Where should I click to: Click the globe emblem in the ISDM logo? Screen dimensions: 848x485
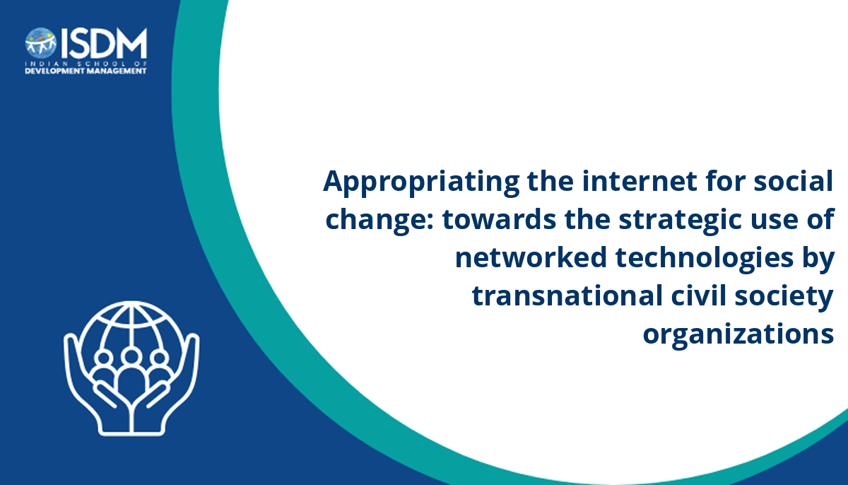pyautogui.click(x=41, y=43)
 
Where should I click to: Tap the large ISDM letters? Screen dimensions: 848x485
pyautogui.click(x=103, y=43)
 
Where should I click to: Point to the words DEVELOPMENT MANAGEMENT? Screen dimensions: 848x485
pyautogui.click(x=86, y=71)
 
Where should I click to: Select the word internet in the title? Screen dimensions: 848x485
pyautogui.click(x=640, y=182)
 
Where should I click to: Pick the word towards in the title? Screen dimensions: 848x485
pyautogui.click(x=500, y=219)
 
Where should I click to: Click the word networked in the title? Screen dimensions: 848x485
pyautogui.click(x=531, y=257)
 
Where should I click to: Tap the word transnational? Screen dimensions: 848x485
pyautogui.click(x=567, y=296)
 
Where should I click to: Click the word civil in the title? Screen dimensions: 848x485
pyautogui.click(x=698, y=295)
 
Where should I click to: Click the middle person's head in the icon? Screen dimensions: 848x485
pyautogui.click(x=131, y=356)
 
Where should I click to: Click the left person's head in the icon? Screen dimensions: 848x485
pyautogui.click(x=103, y=358)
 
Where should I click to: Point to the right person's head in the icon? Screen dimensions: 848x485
pyautogui.click(x=160, y=358)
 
